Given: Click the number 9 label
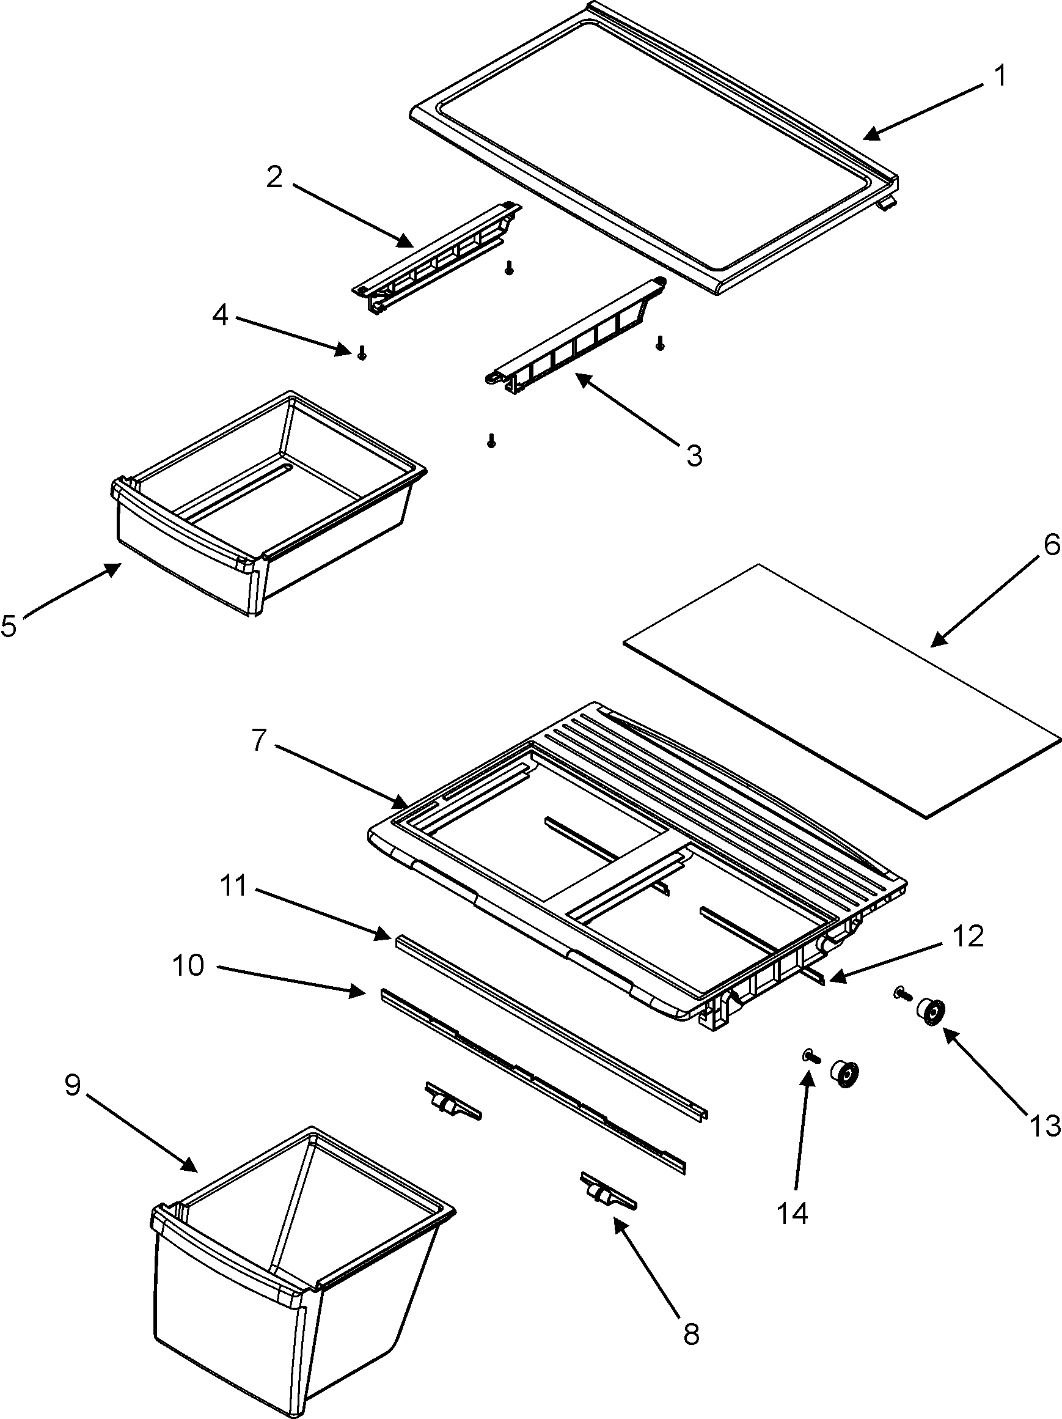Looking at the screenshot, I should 73,1085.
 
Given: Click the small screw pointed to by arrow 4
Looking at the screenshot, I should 362,352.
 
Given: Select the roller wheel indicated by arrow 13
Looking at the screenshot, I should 931,1014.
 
